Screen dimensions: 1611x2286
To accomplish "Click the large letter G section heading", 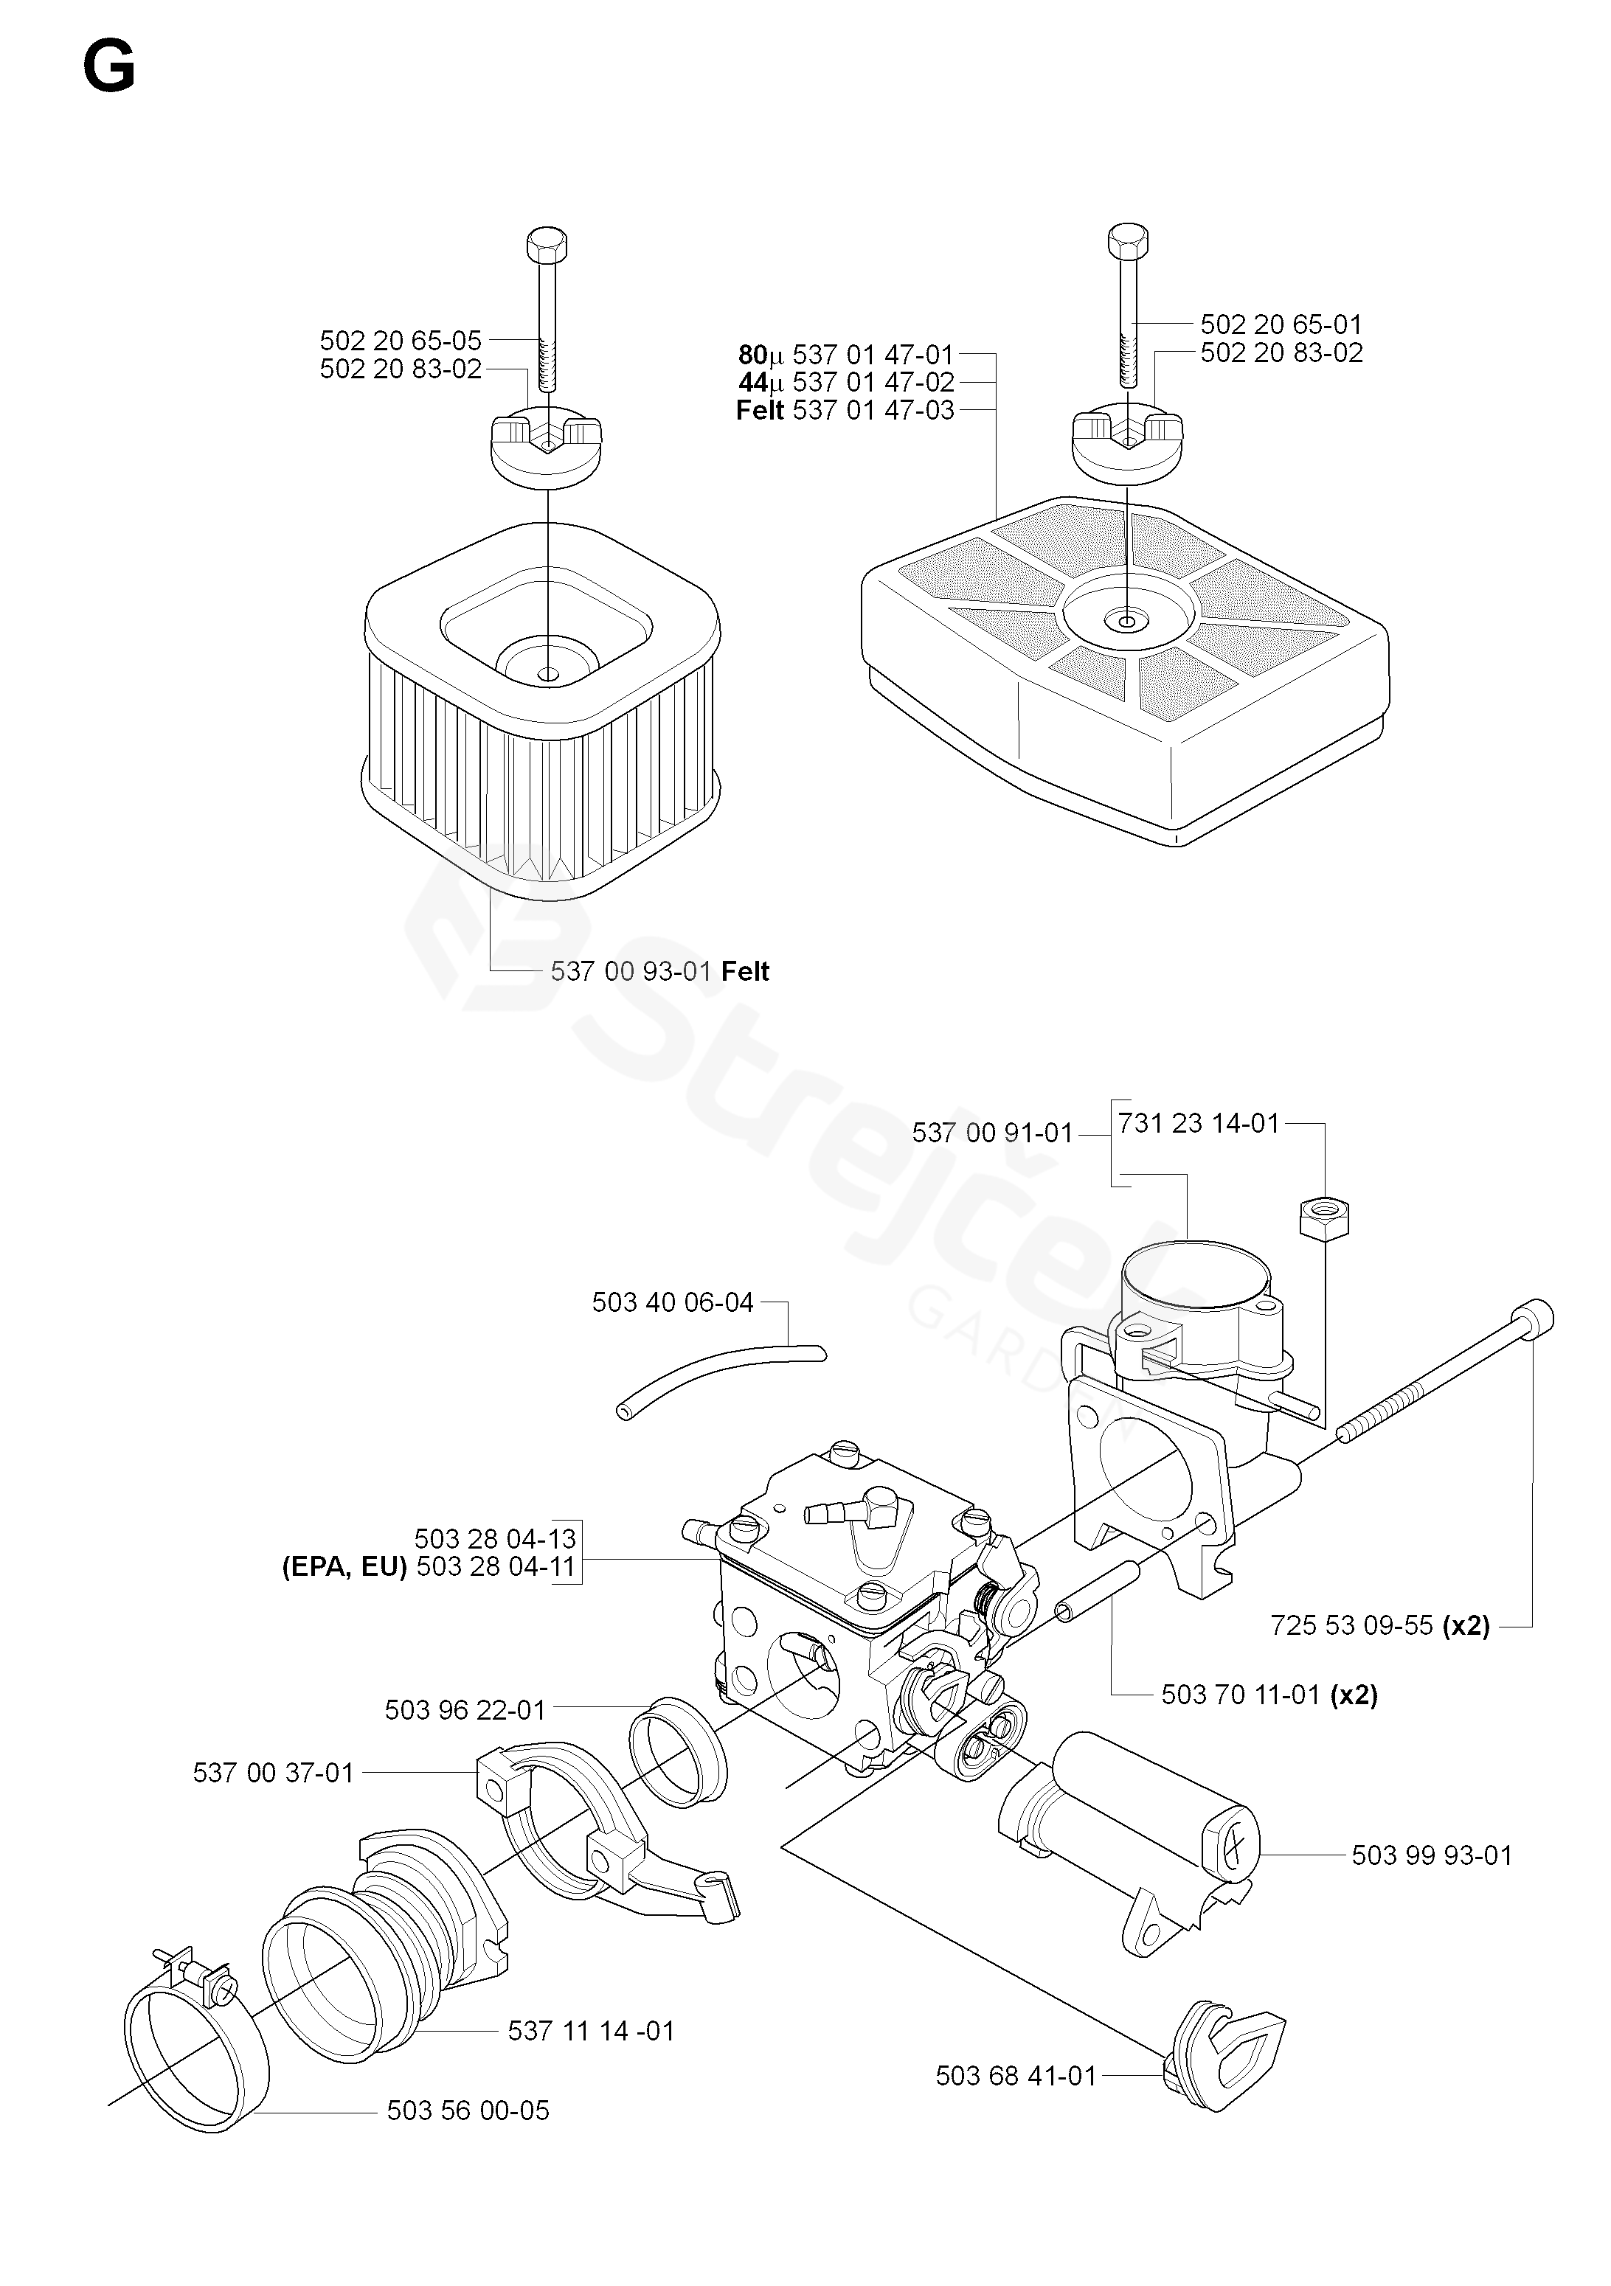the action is pyautogui.click(x=108, y=70).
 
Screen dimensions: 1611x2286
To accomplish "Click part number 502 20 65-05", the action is pyautogui.click(x=401, y=341).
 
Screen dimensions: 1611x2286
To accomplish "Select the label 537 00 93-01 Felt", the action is pyautogui.click(x=659, y=972).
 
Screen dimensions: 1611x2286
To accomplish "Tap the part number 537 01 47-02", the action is pyautogui.click(x=873, y=382).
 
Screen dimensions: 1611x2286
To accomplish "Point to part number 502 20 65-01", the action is pyautogui.click(x=1281, y=324).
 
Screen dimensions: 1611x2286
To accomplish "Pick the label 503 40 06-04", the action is pyautogui.click(x=672, y=1302).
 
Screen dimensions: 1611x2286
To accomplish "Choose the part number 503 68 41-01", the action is pyautogui.click(x=1016, y=2076).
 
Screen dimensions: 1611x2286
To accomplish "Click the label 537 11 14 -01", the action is pyautogui.click(x=590, y=2031).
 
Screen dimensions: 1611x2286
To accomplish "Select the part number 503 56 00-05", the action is pyautogui.click(x=468, y=2110).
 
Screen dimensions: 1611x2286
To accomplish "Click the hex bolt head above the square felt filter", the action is pyautogui.click(x=546, y=243).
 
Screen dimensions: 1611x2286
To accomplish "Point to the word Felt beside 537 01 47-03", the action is pyautogui.click(x=761, y=410).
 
